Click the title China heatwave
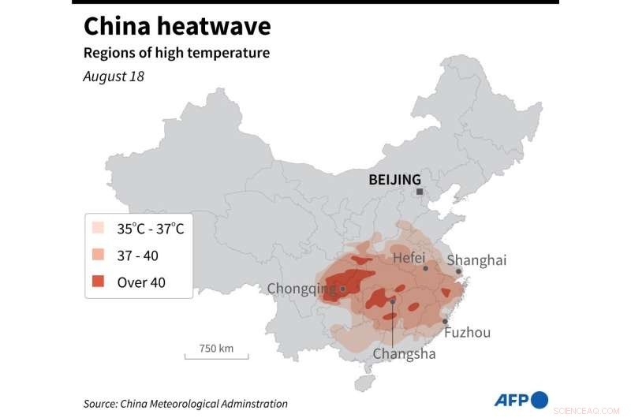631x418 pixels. [x=177, y=26]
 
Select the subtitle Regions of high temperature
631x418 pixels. [x=177, y=54]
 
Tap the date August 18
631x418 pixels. [x=114, y=77]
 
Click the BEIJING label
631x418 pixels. [x=395, y=180]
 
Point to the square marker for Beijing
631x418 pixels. [x=420, y=192]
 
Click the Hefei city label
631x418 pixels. [x=409, y=257]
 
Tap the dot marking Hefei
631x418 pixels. [x=426, y=268]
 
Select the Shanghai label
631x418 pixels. [x=476, y=260]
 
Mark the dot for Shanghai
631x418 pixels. [x=458, y=272]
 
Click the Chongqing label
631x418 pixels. [x=301, y=289]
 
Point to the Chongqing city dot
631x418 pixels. [x=343, y=289]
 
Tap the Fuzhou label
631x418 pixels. [x=467, y=332]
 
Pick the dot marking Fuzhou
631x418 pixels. [x=446, y=321]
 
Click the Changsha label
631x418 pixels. [x=404, y=353]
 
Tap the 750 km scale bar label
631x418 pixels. [x=216, y=348]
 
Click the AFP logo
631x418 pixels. [x=521, y=400]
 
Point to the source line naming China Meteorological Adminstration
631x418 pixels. [x=185, y=404]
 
